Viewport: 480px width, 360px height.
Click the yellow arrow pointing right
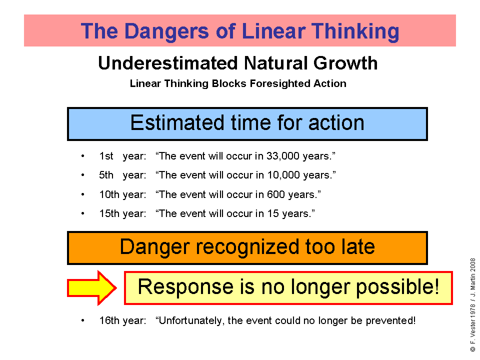(91, 288)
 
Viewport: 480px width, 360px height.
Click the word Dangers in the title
(166, 31)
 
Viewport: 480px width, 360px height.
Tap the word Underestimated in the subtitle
(168, 63)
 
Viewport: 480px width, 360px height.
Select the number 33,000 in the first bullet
(282, 156)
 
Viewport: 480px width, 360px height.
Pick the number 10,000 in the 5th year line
(283, 175)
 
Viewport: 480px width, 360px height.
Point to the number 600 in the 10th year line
(276, 194)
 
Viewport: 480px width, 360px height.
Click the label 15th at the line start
(109, 213)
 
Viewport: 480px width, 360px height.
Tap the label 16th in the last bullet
(109, 320)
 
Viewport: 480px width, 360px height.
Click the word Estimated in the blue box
(177, 123)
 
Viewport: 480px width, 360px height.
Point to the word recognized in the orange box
(247, 247)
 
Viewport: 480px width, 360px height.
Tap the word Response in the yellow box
(185, 287)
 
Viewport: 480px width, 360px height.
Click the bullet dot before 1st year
(82, 156)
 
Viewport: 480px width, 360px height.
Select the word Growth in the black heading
(345, 63)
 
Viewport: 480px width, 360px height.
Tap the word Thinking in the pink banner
(355, 31)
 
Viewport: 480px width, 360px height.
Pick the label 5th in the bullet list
(106, 175)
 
